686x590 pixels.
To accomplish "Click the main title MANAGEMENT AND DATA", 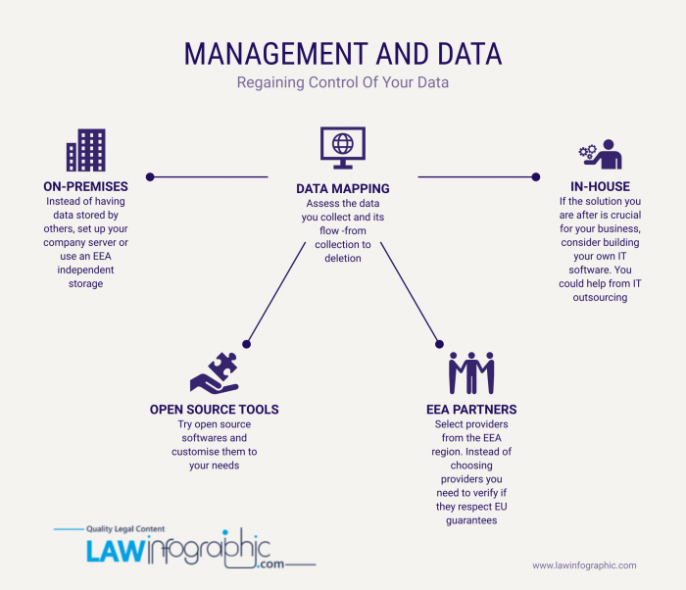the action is coord(343,54).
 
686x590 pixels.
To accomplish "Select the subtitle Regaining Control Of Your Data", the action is coord(343,82).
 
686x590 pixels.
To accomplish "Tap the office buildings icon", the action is coord(86,150).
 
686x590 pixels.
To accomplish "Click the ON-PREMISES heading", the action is coord(86,186).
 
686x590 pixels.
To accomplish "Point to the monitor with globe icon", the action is coord(343,148).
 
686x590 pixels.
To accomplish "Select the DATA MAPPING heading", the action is coord(343,188).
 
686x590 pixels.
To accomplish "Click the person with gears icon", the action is coord(600,155).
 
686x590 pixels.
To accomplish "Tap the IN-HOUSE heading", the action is coord(600,186).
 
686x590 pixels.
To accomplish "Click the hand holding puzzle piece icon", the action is coord(215,372).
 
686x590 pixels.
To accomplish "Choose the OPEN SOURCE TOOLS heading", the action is coord(215,410).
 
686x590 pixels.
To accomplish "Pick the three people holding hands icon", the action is coord(471,372).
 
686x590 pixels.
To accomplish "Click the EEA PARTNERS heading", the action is coord(471,410).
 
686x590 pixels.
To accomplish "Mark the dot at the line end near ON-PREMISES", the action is coord(150,176).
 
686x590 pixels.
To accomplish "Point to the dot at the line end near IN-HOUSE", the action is coord(536,176).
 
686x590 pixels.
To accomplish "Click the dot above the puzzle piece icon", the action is coord(246,344).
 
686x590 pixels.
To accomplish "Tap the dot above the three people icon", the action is coord(439,344).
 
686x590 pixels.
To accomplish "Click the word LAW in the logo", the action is coord(115,551).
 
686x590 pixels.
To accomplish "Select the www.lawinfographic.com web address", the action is coord(584,565).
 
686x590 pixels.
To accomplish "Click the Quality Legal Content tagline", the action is coord(125,529).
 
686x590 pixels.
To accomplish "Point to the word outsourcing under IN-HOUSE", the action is coord(600,297).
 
